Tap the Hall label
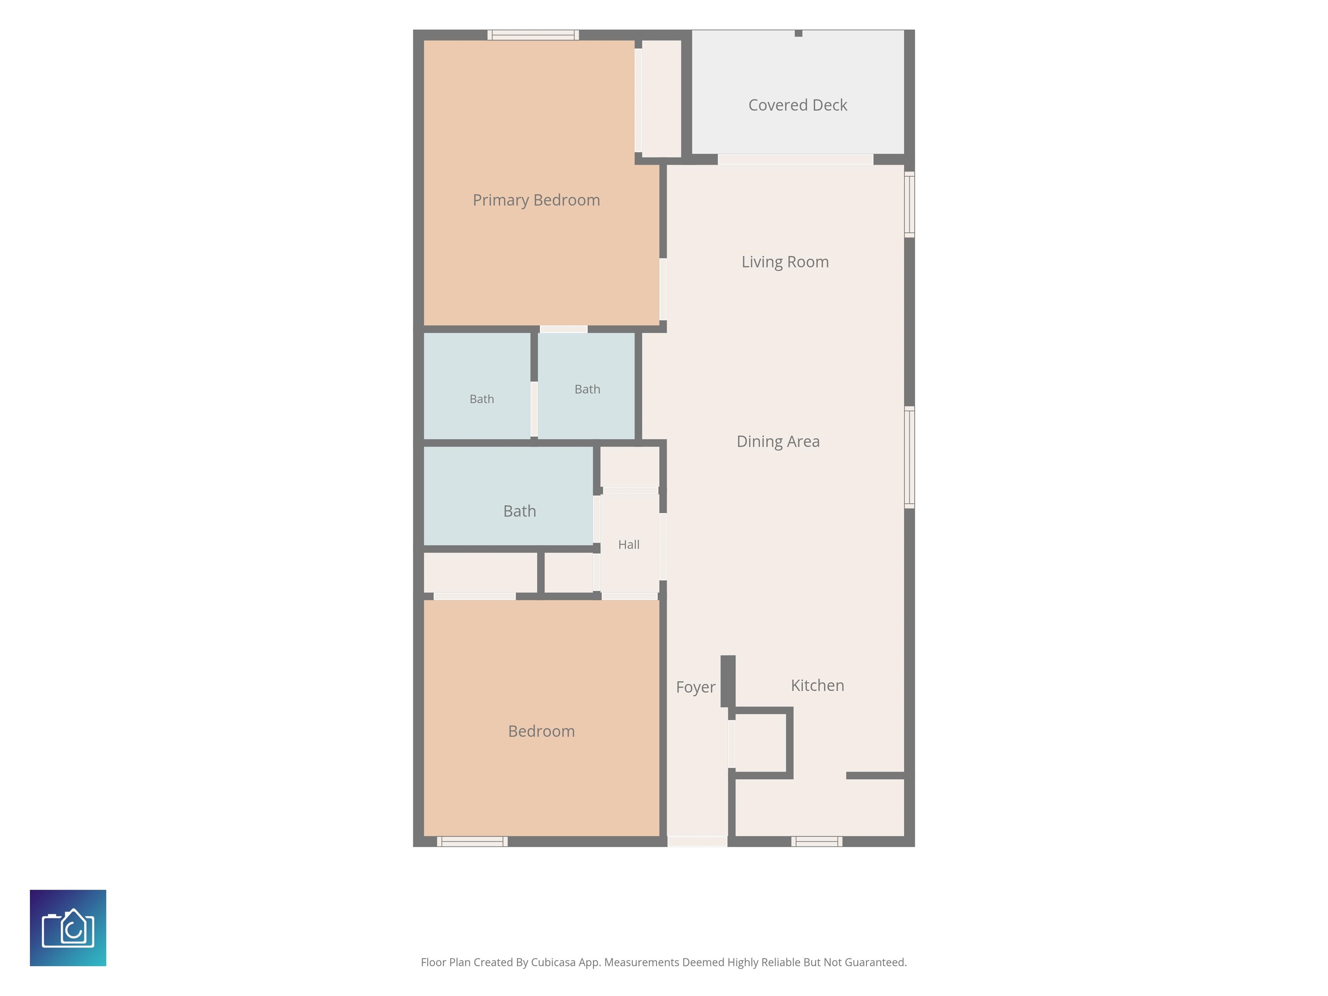click(629, 545)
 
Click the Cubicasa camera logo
click(68, 928)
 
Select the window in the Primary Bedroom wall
click(533, 35)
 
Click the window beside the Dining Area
click(910, 457)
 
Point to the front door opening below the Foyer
click(698, 841)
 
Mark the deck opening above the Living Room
click(795, 159)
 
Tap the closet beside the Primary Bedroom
click(661, 99)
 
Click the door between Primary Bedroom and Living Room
click(663, 289)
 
